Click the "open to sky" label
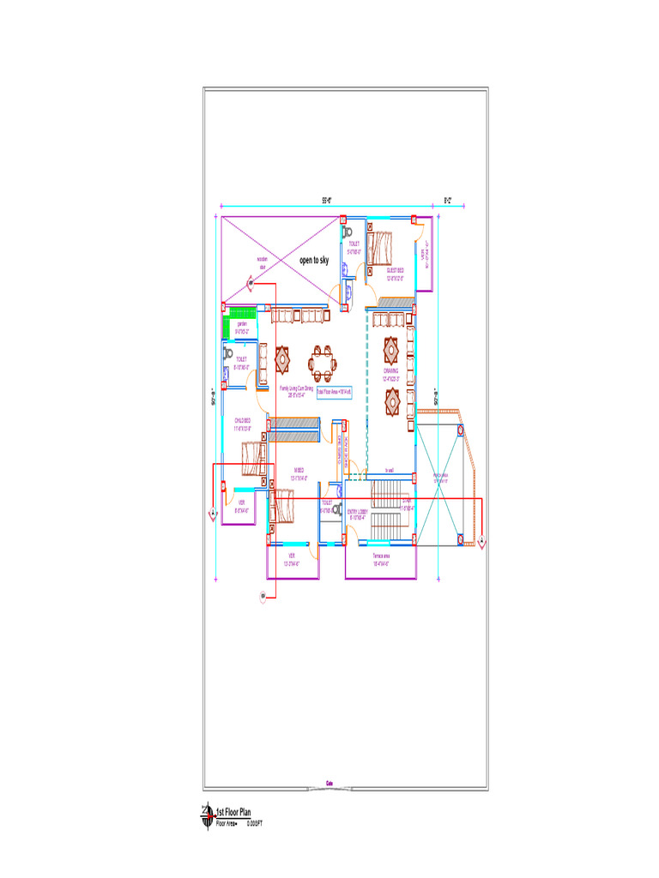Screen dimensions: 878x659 [313, 260]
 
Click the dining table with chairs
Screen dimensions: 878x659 [323, 363]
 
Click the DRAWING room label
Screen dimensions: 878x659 [390, 373]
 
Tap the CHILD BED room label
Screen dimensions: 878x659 [242, 423]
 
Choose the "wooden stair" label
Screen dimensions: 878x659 [263, 262]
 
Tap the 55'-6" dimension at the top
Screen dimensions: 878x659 [327, 201]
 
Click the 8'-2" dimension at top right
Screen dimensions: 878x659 [448, 201]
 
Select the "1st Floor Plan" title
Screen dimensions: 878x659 [233, 811]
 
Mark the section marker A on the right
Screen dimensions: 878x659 [483, 542]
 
